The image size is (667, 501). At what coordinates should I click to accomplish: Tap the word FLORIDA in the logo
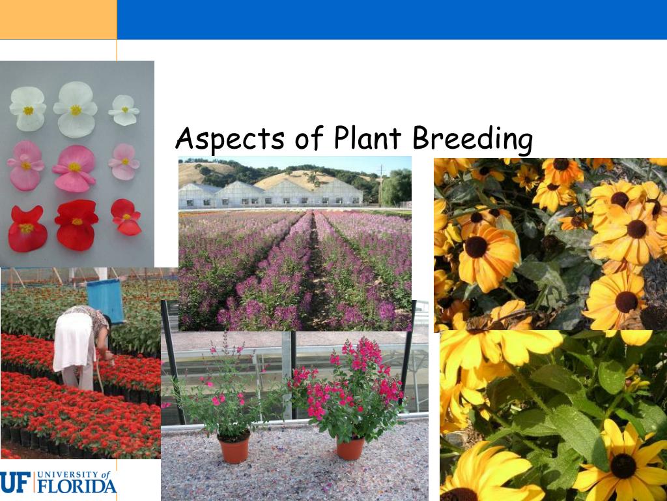76,486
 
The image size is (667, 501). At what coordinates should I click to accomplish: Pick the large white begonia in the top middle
75,109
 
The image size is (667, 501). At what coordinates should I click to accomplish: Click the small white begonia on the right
124,110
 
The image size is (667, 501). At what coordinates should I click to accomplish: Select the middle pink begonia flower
74,168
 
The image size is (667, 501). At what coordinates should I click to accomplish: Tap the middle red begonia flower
76,224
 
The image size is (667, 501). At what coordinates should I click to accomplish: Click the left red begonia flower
27,228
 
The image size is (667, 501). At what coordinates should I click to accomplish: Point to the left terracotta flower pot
234,448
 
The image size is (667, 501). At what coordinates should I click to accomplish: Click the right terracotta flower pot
350,448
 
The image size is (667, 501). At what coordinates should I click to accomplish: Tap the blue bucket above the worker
106,300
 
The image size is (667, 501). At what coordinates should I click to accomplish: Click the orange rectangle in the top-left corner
58,20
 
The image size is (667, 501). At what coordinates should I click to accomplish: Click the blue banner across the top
391,20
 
